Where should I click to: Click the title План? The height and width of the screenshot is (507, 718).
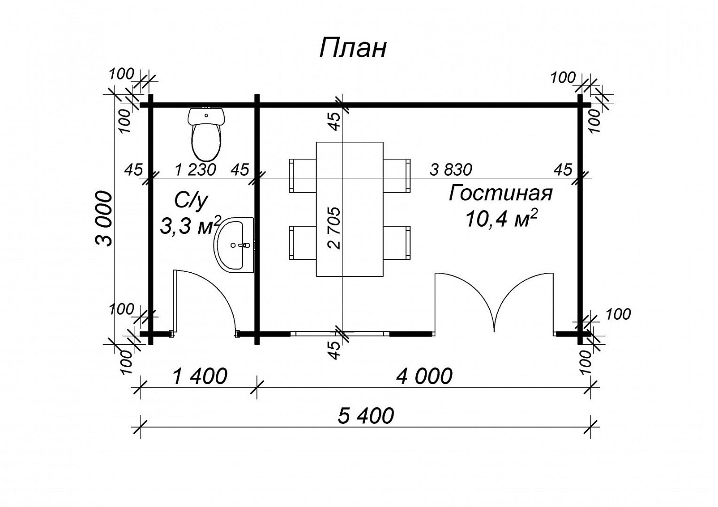coord(353,48)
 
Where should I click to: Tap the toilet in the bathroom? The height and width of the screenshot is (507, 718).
coord(206,134)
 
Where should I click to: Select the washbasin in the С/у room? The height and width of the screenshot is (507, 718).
coord(234,245)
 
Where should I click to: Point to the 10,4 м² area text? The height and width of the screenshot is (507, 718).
coord(501,219)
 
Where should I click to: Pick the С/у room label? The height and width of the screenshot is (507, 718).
coord(191,202)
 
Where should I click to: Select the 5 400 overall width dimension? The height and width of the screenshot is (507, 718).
coord(366,416)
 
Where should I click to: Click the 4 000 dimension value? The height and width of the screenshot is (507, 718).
coord(424,376)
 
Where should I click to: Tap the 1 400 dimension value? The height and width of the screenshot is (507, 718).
coord(199,376)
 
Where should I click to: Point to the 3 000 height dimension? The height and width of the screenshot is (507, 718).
coord(104,219)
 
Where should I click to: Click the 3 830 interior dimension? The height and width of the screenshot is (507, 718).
coord(451,169)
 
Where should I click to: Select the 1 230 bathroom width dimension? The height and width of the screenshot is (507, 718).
coord(195,169)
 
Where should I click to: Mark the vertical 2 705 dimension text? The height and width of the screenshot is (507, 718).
coord(334,228)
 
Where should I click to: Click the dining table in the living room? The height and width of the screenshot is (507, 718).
coord(350,209)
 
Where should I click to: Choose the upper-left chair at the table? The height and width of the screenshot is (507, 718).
coord(303,175)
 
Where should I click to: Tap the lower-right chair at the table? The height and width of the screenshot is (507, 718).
coord(397,243)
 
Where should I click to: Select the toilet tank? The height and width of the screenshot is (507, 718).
coord(206,116)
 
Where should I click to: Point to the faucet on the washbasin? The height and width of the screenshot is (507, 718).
coord(246,245)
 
